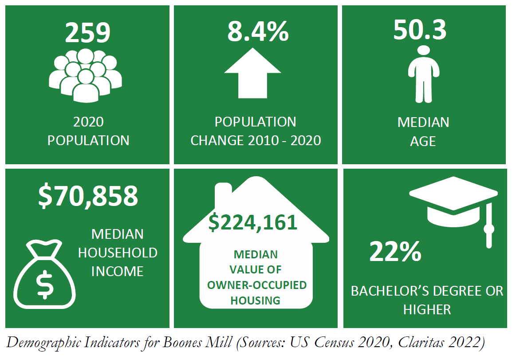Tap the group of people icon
click(x=86, y=75)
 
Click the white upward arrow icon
click(x=252, y=73)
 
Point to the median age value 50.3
click(x=420, y=30)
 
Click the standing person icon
click(x=424, y=73)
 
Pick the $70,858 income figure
click(x=88, y=197)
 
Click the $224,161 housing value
click(x=252, y=222)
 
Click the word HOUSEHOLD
click(x=118, y=253)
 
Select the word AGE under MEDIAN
click(x=423, y=141)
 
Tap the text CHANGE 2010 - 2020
click(x=256, y=141)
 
